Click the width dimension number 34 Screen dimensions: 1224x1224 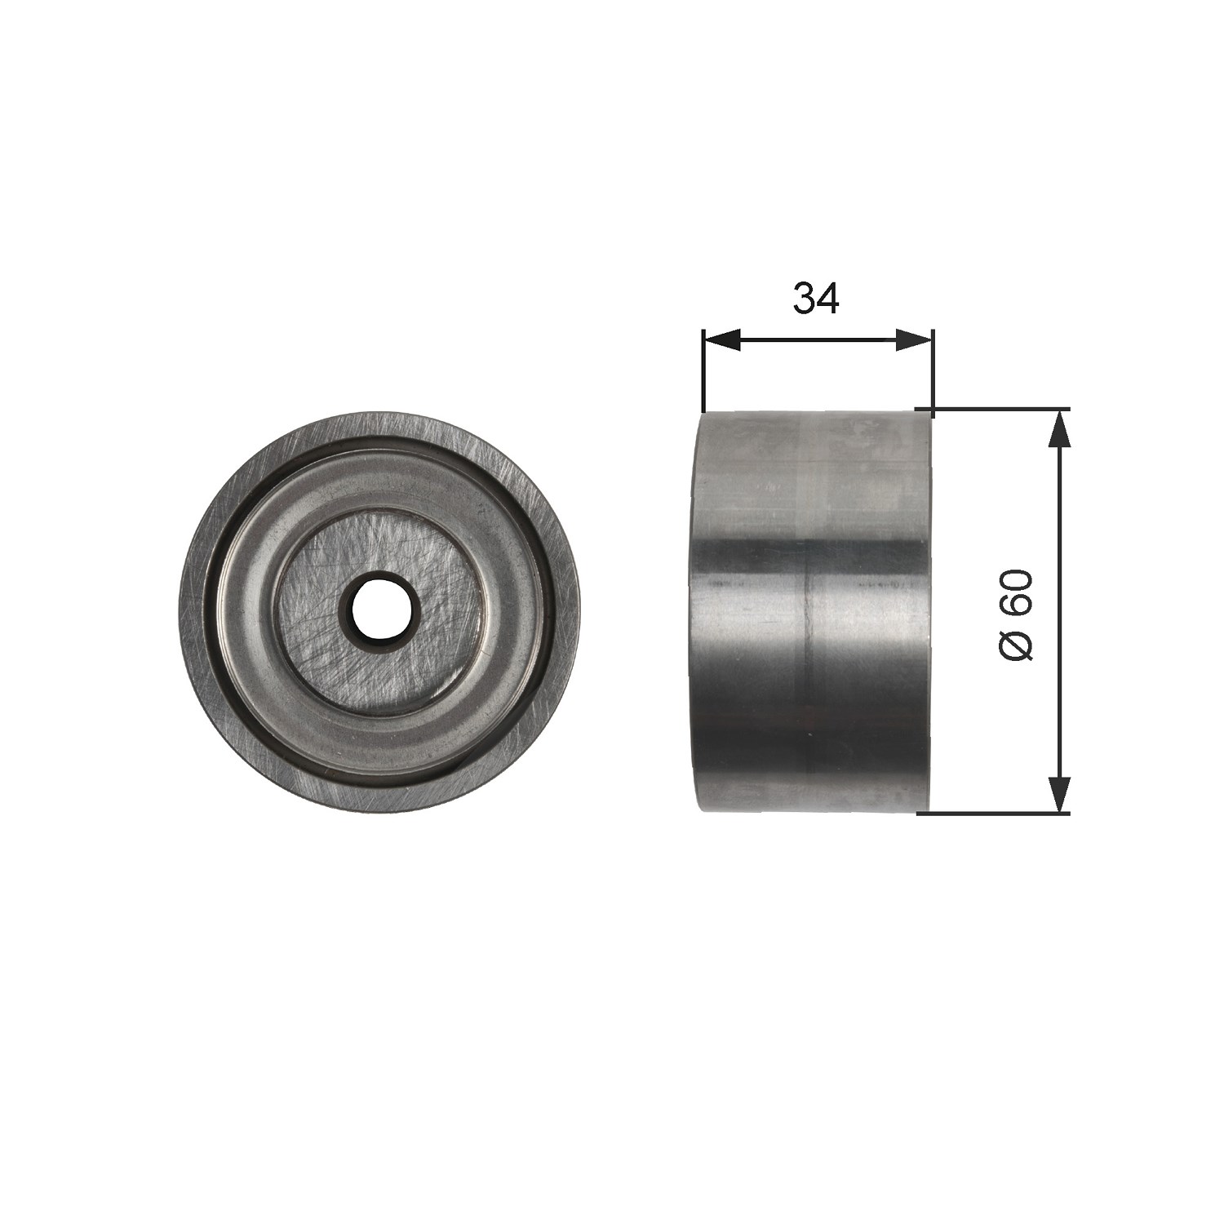(x=817, y=299)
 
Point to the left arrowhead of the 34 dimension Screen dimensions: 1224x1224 (x=721, y=339)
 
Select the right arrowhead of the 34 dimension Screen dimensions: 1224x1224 (x=914, y=339)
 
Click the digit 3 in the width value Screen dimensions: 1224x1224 (x=805, y=299)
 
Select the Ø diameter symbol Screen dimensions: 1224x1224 (x=1016, y=645)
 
